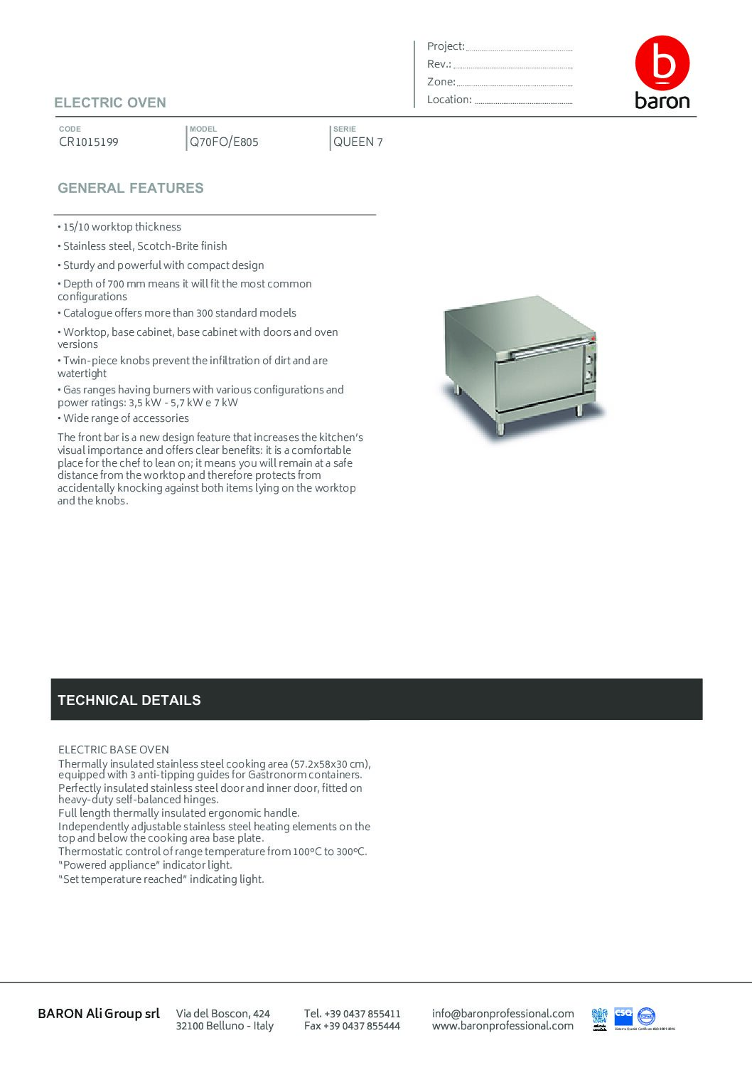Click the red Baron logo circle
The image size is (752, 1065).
coord(662,63)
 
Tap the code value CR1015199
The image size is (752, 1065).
coord(89,142)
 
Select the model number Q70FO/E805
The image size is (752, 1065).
coord(224,142)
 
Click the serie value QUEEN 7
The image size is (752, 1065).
coord(358,142)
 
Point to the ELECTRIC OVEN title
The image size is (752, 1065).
coord(110,102)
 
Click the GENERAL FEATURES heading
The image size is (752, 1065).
coord(131,188)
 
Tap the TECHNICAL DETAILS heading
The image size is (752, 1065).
coord(129,700)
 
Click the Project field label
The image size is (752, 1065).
coord(446,46)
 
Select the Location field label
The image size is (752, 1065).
coord(449,100)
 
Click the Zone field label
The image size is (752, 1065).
coord(441,82)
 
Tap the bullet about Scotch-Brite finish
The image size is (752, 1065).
coord(145,246)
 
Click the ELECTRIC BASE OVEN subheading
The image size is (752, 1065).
coord(114,750)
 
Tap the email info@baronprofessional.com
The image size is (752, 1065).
coord(503,1013)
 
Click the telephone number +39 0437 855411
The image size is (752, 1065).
coord(353,1013)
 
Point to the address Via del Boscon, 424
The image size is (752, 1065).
coord(223,1013)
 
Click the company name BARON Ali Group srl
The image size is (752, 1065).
coord(99,1013)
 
